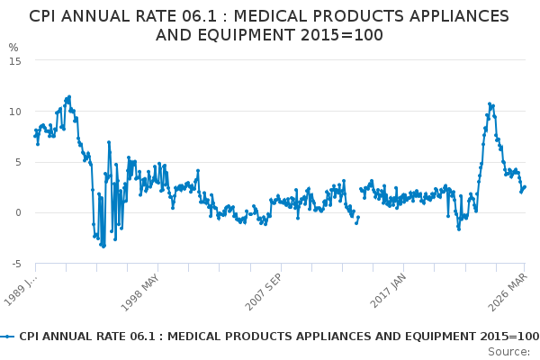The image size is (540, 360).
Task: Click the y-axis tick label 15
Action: pyautogui.click(x=16, y=60)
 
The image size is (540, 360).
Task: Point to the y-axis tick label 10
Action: pyautogui.click(x=16, y=111)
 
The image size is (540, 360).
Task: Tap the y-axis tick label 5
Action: pyautogui.click(x=19, y=162)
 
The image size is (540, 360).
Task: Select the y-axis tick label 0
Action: pyautogui.click(x=19, y=212)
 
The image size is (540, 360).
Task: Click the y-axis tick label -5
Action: pyautogui.click(x=16, y=264)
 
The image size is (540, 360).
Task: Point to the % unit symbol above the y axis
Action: pyautogui.click(x=13, y=47)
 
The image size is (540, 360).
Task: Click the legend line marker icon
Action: pyautogui.click(x=8, y=336)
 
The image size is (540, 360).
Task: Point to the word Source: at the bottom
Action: pyautogui.click(x=509, y=351)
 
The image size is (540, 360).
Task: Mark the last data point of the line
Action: pyautogui.click(x=525, y=187)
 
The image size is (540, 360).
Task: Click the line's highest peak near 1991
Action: pyautogui.click(x=69, y=96)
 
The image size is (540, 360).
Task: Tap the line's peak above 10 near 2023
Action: pyautogui.click(x=490, y=103)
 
